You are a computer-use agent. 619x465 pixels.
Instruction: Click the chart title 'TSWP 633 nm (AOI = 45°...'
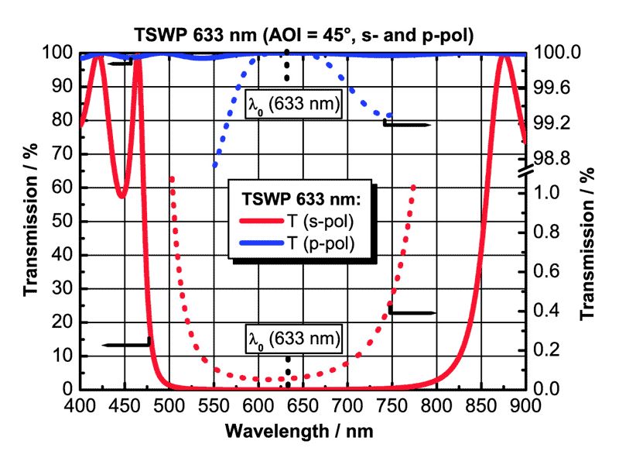pyautogui.click(x=303, y=35)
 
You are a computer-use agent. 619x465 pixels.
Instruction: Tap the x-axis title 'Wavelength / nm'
pyautogui.click(x=303, y=430)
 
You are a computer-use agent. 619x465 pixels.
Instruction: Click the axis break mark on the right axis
pyautogui.click(x=526, y=173)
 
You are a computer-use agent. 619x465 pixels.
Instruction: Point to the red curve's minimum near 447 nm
pyautogui.click(x=121, y=197)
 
